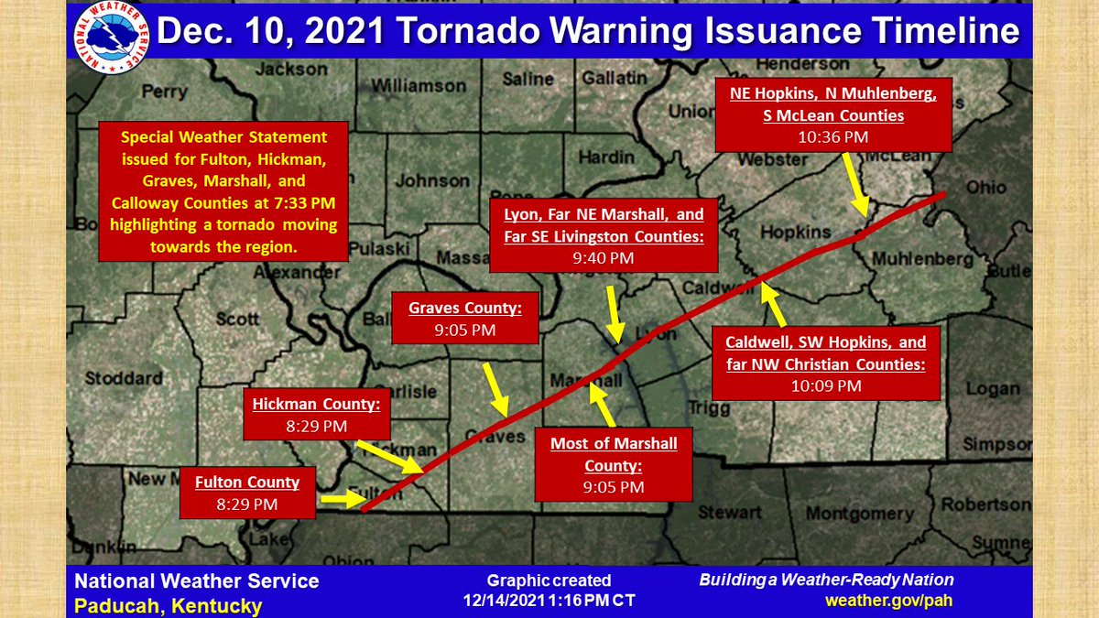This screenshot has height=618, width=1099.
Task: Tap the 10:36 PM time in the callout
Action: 832,138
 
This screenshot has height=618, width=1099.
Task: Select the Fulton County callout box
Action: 247,493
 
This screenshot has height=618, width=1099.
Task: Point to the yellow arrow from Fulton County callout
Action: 340,500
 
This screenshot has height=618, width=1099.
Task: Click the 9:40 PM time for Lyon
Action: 604,258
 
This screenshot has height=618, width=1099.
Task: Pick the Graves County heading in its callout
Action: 465,309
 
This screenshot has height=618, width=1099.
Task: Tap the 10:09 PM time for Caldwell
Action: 826,385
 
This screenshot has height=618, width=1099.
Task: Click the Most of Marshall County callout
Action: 614,465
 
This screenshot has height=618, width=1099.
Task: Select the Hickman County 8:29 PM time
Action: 316,426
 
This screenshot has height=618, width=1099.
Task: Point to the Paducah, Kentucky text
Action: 168,605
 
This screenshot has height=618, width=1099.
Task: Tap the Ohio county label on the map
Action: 986,188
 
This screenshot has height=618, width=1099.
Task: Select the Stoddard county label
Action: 124,377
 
